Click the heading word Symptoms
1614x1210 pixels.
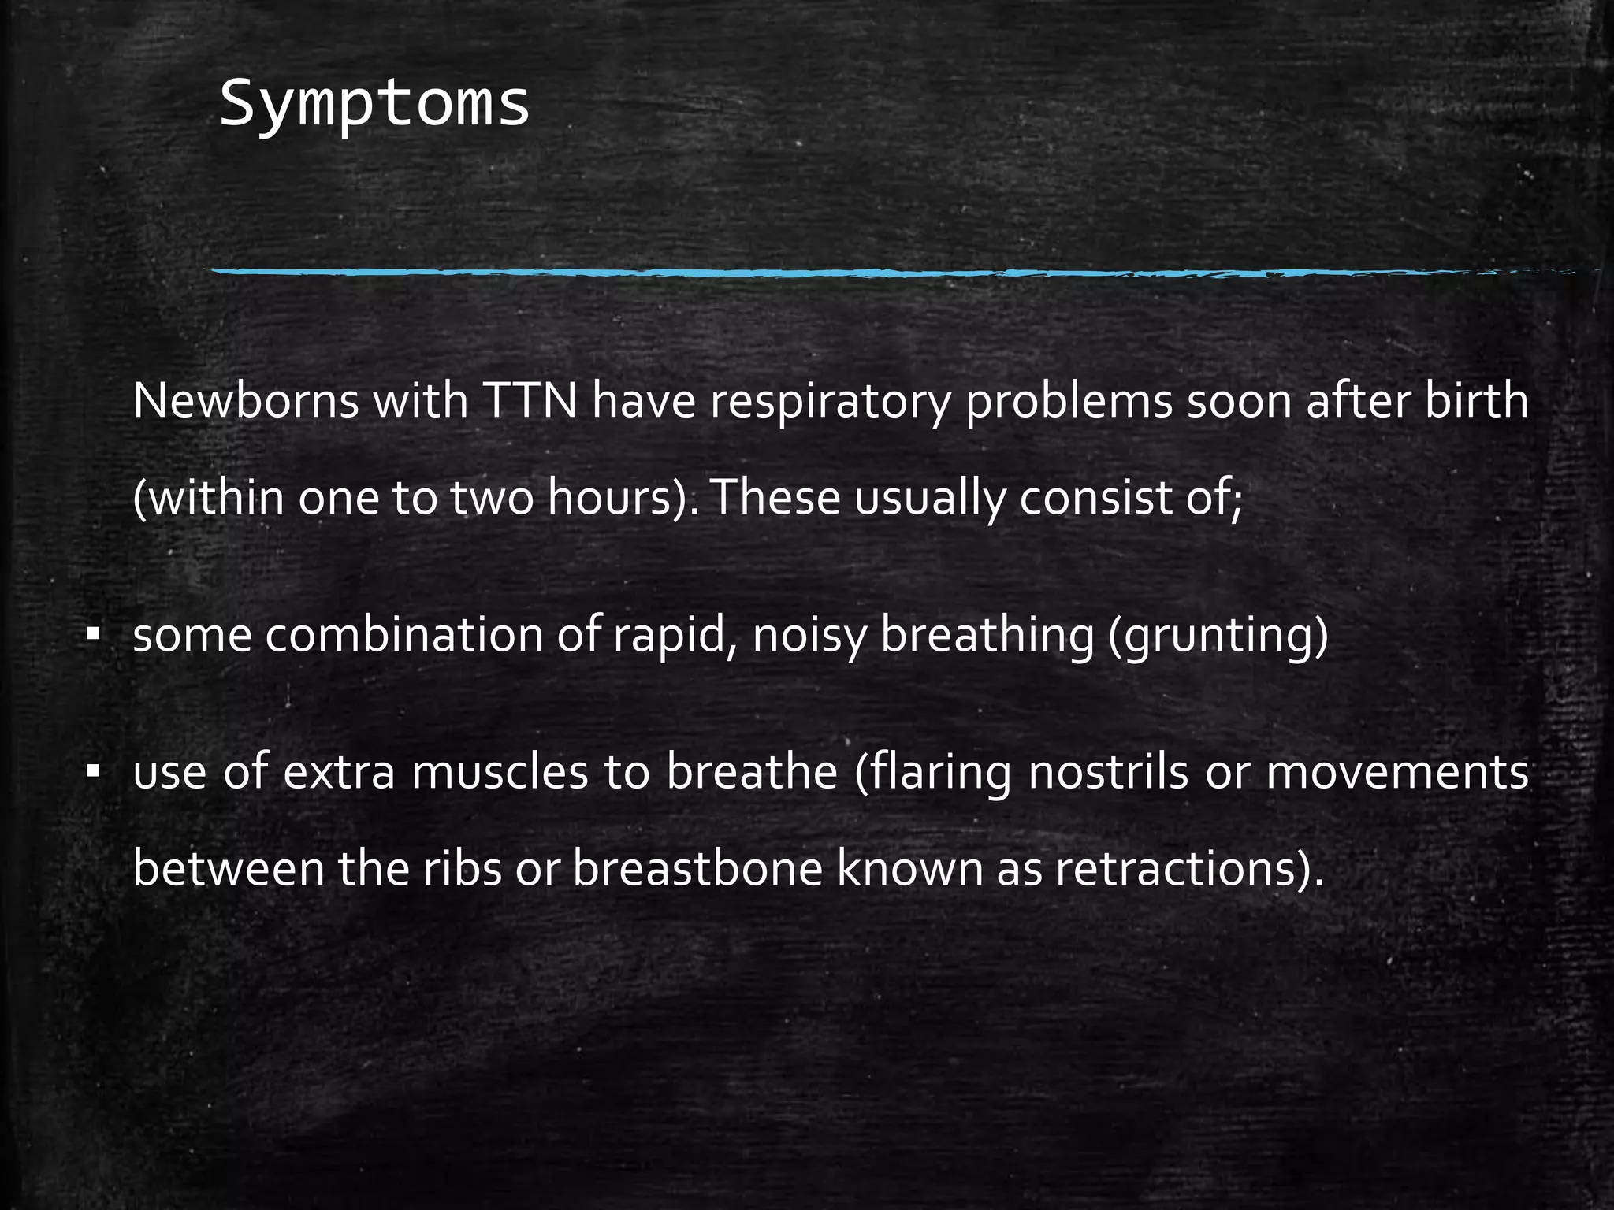tap(374, 105)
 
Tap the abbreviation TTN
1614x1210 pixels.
tap(530, 401)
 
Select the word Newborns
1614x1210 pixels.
tap(245, 401)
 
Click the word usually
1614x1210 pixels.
tap(930, 499)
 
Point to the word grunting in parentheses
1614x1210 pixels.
tap(1218, 637)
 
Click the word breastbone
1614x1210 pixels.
tap(697, 869)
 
